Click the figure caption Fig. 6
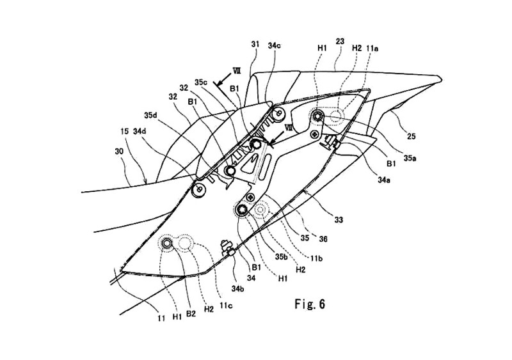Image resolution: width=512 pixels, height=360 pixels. click(310, 304)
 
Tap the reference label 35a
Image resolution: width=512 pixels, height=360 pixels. click(410, 159)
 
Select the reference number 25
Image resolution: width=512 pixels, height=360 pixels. click(412, 136)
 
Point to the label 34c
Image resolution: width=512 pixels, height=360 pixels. click(275, 45)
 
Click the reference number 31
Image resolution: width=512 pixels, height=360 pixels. click(255, 44)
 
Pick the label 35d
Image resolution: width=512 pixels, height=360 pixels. click(150, 115)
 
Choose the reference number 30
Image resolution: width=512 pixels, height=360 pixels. click(120, 152)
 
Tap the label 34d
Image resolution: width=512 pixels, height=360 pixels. click(140, 132)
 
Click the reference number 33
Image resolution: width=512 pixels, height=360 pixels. click(339, 220)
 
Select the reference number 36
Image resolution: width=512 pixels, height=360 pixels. click(323, 239)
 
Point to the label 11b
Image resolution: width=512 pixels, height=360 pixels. click(316, 259)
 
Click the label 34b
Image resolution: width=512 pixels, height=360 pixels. click(238, 288)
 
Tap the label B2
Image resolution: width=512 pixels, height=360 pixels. click(191, 314)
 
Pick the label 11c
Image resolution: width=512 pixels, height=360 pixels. click(226, 306)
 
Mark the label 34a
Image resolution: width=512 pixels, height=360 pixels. click(385, 180)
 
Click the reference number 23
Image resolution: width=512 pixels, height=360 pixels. click(340, 42)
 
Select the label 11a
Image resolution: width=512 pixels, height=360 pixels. click(372, 49)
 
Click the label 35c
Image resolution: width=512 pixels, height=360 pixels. click(201, 82)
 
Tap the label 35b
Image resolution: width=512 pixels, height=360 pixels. click(281, 256)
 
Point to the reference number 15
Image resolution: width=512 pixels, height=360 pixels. click(124, 132)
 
